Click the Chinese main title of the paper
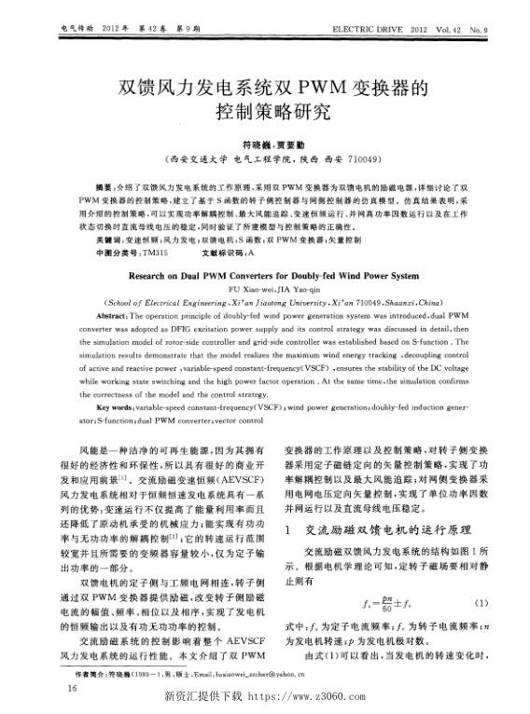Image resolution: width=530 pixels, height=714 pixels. click(x=264, y=103)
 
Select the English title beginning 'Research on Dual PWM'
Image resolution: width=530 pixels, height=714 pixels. click(x=264, y=277)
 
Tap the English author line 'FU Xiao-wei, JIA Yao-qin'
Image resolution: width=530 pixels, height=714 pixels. click(x=264, y=290)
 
